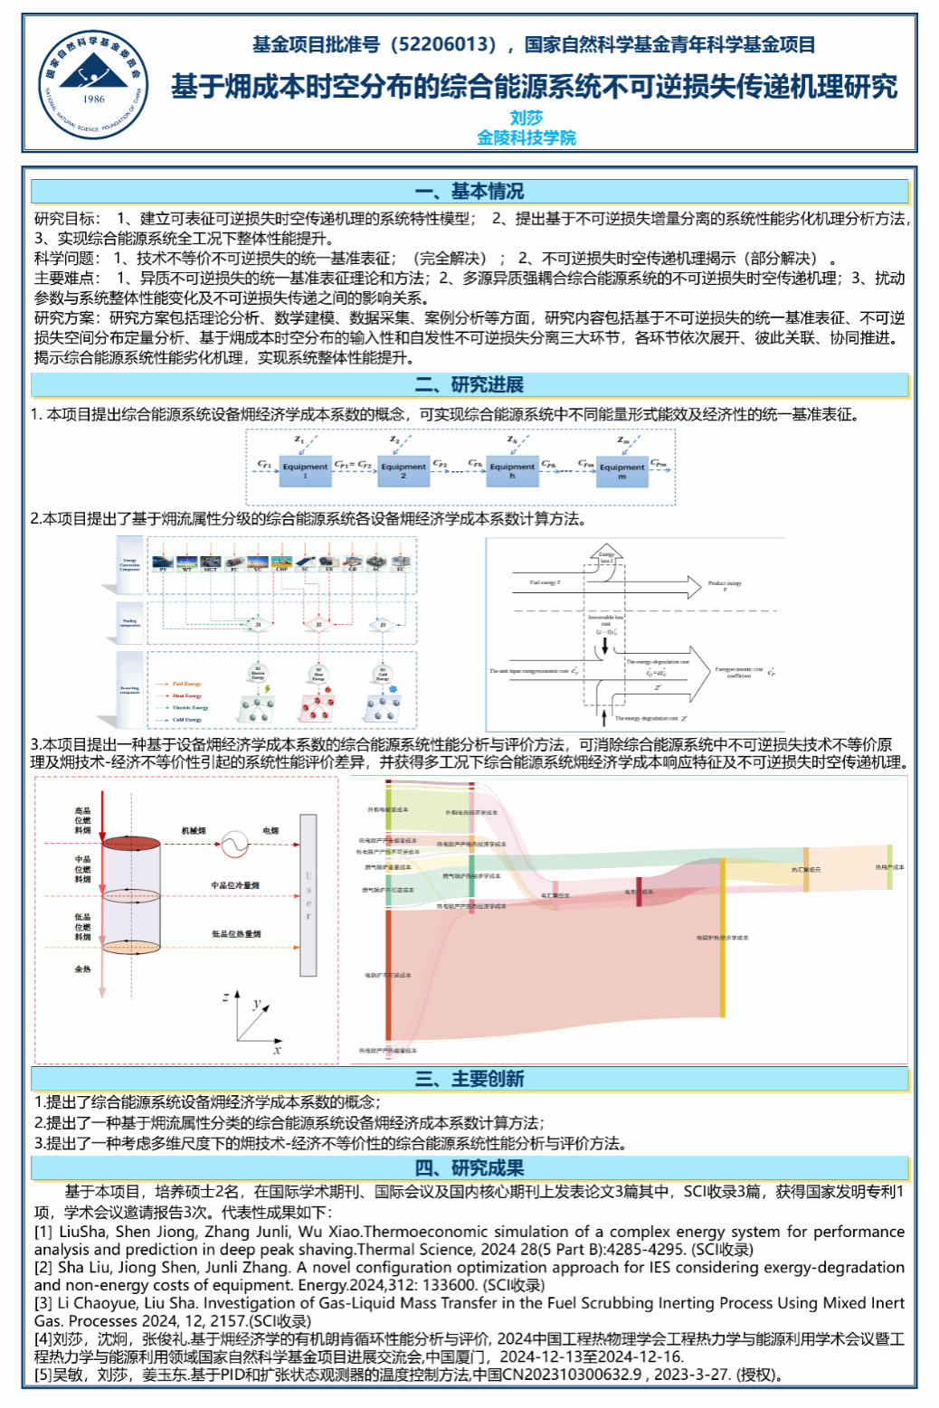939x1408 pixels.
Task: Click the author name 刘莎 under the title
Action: point(526,118)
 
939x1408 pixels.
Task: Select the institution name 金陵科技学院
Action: point(526,137)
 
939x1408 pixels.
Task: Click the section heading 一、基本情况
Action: point(469,192)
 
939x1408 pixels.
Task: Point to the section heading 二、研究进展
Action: point(469,384)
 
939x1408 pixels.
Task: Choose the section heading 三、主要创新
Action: point(469,1079)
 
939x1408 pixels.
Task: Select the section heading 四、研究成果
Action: point(469,1168)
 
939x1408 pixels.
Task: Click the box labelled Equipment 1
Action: point(305,470)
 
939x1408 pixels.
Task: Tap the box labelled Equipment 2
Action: point(403,470)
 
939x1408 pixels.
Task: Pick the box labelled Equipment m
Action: point(622,471)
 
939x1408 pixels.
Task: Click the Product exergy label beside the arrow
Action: point(725,584)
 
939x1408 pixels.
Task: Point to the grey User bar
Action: point(308,895)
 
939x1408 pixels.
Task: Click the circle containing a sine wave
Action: point(234,844)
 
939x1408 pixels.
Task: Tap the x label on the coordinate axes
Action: point(277,1050)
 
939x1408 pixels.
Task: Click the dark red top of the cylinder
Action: point(130,843)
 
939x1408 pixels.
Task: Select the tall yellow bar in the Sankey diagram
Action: point(722,938)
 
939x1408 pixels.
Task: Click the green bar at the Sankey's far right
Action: point(889,866)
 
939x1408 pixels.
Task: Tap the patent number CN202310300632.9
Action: point(573,1375)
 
